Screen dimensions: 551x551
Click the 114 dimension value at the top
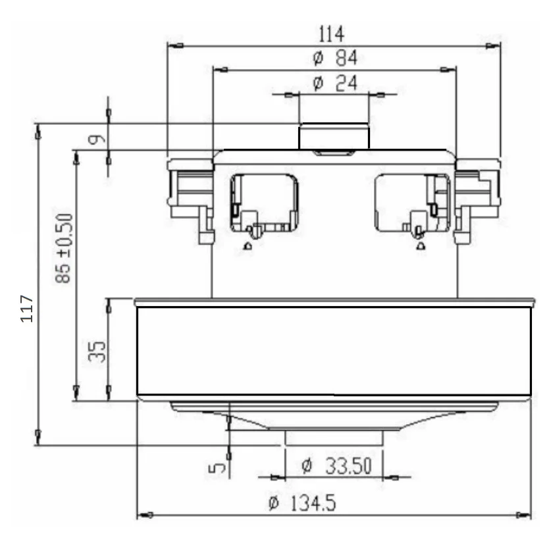(x=331, y=34)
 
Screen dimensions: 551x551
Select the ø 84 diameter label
(x=335, y=58)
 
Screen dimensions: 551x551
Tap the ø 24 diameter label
(x=335, y=84)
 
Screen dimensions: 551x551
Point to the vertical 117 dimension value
(x=27, y=309)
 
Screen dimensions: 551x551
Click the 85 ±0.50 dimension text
(x=64, y=248)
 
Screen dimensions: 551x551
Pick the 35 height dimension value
(x=97, y=352)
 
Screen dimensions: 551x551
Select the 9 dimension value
(x=97, y=140)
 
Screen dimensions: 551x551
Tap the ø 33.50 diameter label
(x=336, y=466)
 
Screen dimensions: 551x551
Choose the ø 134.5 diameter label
(x=302, y=502)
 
